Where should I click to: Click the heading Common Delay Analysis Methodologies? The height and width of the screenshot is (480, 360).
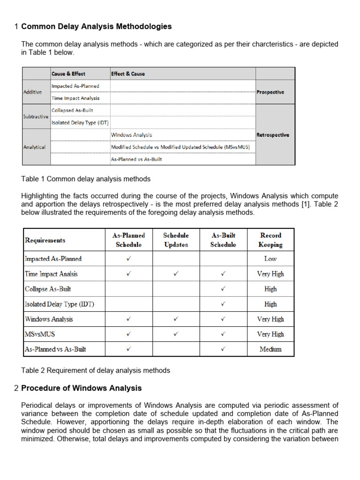coord(96,27)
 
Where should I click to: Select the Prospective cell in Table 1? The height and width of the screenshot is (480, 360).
coord(270,92)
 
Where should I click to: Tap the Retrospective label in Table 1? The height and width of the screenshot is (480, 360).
coord(272,135)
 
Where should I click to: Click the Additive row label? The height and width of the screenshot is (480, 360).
coord(32,92)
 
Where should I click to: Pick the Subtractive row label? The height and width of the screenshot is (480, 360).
coord(36,117)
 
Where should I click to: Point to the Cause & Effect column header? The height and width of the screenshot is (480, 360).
coord(68,74)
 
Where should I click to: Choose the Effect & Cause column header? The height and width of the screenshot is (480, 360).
coord(128,74)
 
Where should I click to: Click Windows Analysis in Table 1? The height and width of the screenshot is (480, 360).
coord(132,135)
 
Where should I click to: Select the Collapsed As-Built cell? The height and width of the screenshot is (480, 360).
coord(72,111)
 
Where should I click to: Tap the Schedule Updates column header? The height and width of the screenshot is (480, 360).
coord(176,240)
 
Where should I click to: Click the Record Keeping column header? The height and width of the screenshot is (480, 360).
coord(270,240)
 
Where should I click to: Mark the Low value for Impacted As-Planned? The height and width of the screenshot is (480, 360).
coord(270,259)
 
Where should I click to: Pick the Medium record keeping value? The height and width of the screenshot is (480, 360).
coord(270,349)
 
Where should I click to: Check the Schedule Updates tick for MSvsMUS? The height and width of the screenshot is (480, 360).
coord(176,334)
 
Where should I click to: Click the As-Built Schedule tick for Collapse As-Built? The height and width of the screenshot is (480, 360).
coord(223,289)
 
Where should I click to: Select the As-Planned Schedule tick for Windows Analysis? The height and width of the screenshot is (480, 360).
coord(129,319)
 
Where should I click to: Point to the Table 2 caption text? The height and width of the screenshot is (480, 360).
coord(96,370)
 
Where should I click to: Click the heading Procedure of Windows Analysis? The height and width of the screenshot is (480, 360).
coord(81,388)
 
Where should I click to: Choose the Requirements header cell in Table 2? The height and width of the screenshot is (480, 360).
coord(45,240)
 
